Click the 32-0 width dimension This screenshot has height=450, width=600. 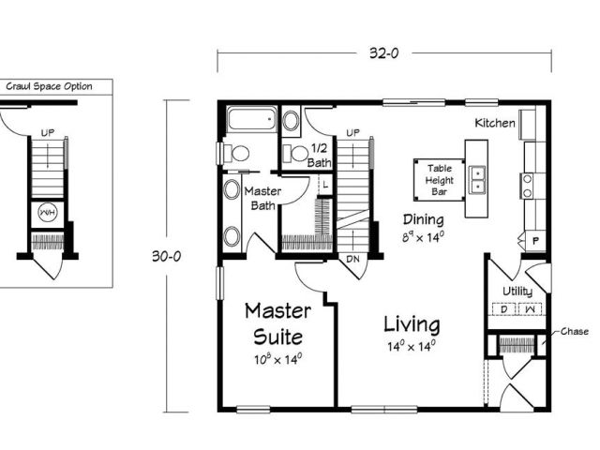click(x=383, y=52)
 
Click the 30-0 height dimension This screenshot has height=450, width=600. click(x=167, y=256)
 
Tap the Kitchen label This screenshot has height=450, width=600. click(x=495, y=123)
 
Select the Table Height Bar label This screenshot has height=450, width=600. click(x=440, y=180)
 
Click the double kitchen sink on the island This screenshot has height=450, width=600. click(x=477, y=179)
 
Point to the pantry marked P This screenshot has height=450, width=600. click(x=535, y=241)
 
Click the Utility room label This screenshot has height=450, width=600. click(x=517, y=292)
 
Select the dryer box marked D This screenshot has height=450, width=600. click(x=503, y=308)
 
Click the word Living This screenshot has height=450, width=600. click(x=412, y=324)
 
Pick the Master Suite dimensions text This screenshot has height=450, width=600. click(x=278, y=359)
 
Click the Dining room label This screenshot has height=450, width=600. click(x=424, y=219)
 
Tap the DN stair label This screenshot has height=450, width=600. click(x=352, y=259)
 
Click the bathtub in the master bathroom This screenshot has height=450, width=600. click(x=252, y=119)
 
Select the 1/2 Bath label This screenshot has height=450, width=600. click(x=319, y=155)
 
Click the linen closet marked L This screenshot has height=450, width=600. click(x=325, y=185)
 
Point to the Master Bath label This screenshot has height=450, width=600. click(x=262, y=198)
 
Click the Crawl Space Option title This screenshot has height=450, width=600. click(x=50, y=86)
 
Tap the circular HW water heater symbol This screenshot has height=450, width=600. click(x=48, y=213)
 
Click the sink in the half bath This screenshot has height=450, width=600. click(x=292, y=121)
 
